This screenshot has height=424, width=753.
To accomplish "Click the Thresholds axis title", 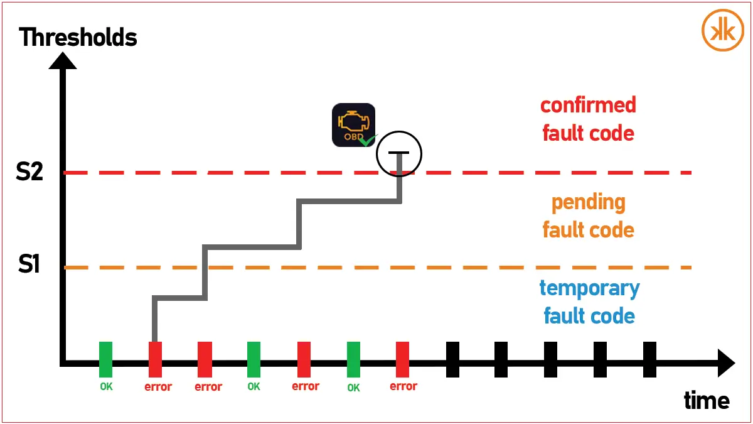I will pos(78,38).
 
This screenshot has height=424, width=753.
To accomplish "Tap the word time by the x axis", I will pos(707,400).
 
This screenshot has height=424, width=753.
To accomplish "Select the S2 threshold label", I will pos(29,171).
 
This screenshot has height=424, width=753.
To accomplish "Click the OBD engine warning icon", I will pos(353,124).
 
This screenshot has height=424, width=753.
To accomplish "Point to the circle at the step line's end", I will pos(399,153).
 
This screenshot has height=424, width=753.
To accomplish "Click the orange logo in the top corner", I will pos(722,30).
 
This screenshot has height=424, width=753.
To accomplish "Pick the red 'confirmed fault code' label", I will pos(588,119).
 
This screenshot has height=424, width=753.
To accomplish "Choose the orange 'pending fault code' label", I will pos(588,216).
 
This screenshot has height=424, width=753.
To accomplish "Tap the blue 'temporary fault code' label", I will pos(589,302).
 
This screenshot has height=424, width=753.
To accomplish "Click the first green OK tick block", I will pos(106,359).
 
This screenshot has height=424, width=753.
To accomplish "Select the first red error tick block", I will pos(155,359).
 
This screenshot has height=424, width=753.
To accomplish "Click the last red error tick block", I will pos(403,359).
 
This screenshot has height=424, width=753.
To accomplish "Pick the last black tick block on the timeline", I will pos(650,359).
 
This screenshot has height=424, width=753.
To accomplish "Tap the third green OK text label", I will pos(353,388).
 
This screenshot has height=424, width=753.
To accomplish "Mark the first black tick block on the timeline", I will pos(452,359).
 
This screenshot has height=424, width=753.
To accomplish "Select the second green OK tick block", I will pos(254,359).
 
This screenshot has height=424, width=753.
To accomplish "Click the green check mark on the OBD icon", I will pos(367,141).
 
